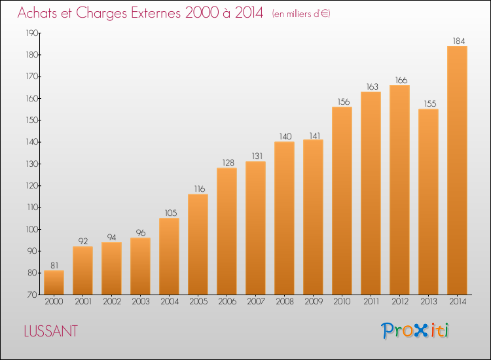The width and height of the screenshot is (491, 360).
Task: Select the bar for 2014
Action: (x=457, y=170)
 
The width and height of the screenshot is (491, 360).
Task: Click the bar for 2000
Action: (x=54, y=282)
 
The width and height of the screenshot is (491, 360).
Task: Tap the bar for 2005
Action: (x=198, y=244)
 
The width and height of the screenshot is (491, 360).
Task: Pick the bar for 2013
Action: (x=428, y=202)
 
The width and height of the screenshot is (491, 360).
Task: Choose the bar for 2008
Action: (x=284, y=218)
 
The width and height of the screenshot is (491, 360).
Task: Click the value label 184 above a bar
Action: (x=459, y=41)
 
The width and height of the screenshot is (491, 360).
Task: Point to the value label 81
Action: (x=54, y=266)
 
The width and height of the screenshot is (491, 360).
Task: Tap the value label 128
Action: (x=228, y=163)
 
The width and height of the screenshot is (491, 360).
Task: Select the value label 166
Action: (x=401, y=80)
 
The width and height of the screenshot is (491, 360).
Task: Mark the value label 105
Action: (x=171, y=213)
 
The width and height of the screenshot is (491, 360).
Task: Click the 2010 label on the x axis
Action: (x=342, y=302)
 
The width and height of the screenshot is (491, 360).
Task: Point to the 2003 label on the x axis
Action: (x=141, y=302)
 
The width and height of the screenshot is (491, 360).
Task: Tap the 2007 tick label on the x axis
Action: (x=256, y=302)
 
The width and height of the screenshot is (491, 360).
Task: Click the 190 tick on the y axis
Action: (x=32, y=33)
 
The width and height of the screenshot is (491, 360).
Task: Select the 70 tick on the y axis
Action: (x=32, y=295)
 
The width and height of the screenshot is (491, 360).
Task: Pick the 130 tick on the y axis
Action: (x=32, y=164)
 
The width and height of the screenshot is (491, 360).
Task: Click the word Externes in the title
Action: (x=156, y=13)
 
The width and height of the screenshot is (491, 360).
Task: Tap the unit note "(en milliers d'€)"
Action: (x=301, y=14)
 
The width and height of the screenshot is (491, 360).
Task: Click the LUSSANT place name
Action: (x=50, y=331)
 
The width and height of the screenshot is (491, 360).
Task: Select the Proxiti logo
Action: (x=415, y=331)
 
